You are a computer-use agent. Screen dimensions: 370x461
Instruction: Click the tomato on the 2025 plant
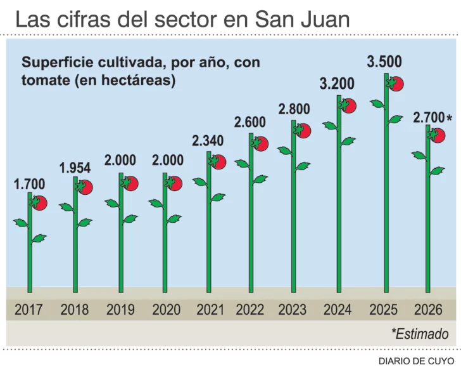pyautogui.click(x=396, y=84)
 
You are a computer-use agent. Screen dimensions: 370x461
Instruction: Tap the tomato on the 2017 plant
pyautogui.click(x=39, y=203)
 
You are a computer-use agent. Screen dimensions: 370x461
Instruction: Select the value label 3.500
pyautogui.click(x=384, y=62)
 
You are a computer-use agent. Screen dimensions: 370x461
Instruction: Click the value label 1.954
pyautogui.click(x=75, y=168)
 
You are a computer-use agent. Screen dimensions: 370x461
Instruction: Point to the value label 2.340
pyautogui.click(x=208, y=141)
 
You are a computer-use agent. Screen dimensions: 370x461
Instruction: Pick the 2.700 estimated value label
pyautogui.click(x=428, y=118)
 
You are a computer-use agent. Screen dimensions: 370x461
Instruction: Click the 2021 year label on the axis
pyautogui.click(x=210, y=310)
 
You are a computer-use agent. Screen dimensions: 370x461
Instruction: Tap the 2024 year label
pyautogui.click(x=337, y=310)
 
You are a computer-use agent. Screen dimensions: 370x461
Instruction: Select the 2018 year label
pyautogui.click(x=75, y=310)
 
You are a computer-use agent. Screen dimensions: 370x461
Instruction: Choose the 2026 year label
pyautogui.click(x=428, y=310)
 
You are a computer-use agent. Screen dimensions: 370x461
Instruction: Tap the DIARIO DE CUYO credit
pyautogui.click(x=416, y=361)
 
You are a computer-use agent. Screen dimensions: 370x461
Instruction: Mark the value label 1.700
pyautogui.click(x=29, y=185)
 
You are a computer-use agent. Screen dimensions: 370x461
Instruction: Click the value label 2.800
pyautogui.click(x=294, y=109)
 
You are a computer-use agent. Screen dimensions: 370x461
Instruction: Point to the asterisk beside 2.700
pyautogui.click(x=449, y=119)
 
